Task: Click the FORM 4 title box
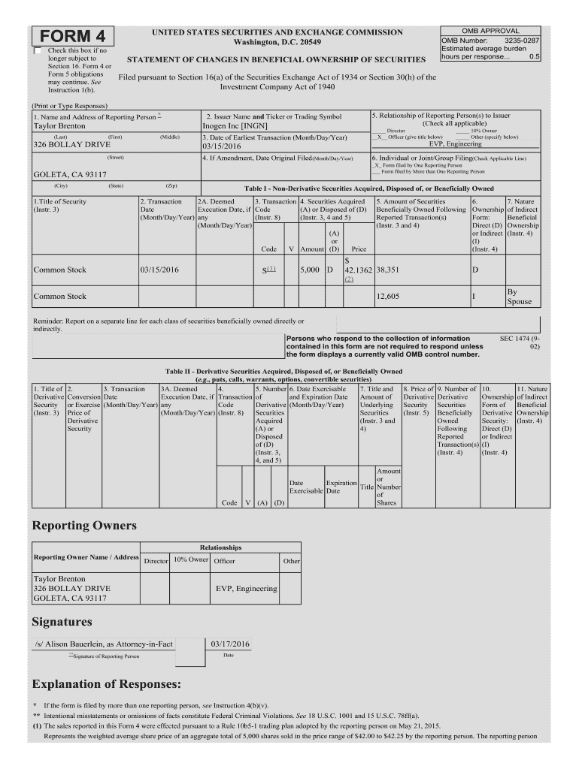(72, 37)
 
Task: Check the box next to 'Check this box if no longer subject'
(38, 50)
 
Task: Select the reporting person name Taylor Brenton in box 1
(60, 126)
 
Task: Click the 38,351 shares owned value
(387, 270)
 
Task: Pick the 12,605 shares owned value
(387, 297)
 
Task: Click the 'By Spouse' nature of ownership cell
(519, 297)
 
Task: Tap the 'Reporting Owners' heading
(84, 526)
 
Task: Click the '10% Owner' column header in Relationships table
(190, 559)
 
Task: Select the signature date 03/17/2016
(230, 644)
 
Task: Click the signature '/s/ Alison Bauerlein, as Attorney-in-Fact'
(104, 644)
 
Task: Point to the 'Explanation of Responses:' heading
(107, 685)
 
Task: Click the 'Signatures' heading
(62, 622)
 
